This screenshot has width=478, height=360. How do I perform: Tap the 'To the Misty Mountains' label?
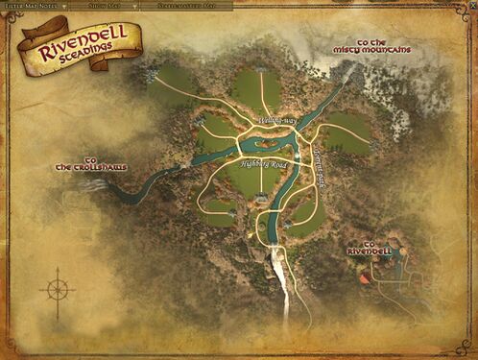384,46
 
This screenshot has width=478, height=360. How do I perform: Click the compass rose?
57,289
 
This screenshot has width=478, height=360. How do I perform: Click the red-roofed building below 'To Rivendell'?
364,280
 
